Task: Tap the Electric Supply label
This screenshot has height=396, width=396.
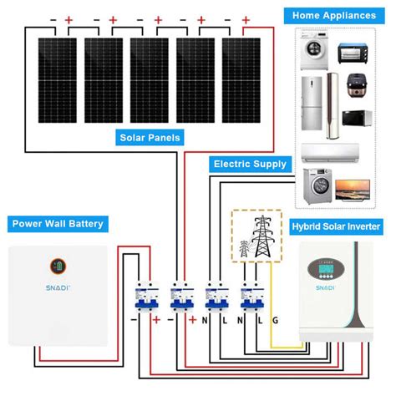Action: click(250, 165)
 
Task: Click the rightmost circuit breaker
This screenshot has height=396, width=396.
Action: click(249, 297)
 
